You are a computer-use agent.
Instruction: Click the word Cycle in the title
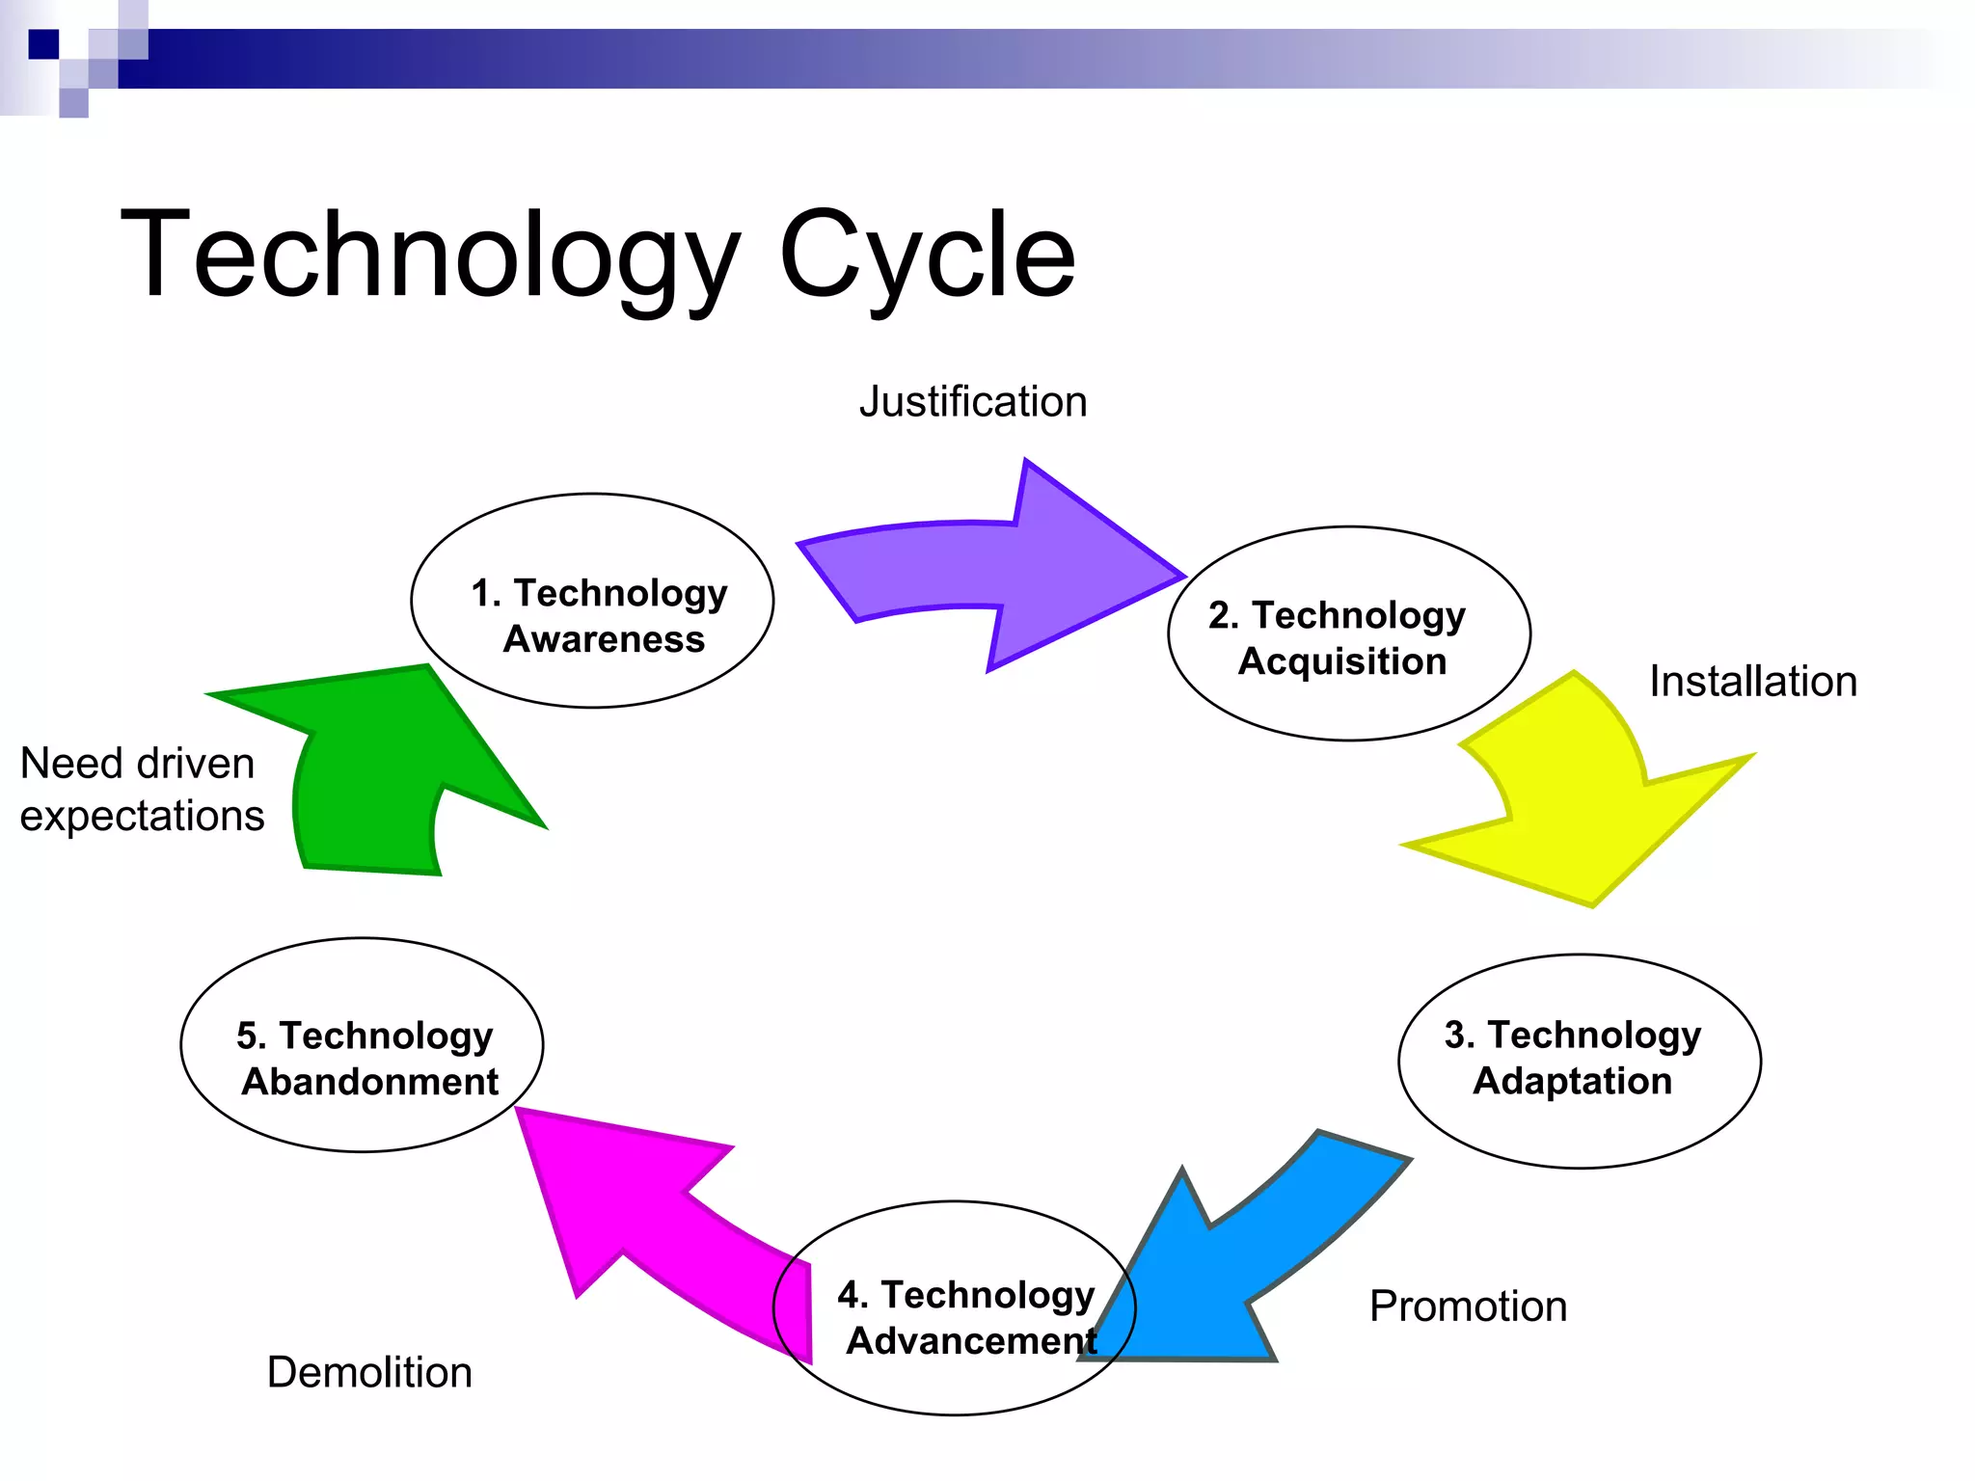pos(927,256)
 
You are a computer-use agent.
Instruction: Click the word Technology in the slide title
pos(429,256)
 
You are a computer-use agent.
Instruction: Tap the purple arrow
pos(1003,569)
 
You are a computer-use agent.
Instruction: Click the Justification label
pos(973,402)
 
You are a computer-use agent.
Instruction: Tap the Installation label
pos(1752,682)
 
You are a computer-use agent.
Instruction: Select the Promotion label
pos(1468,1306)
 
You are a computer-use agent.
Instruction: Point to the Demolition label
pos(369,1372)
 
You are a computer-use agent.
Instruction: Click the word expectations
pos(142,817)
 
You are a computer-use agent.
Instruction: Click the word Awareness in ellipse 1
pos(604,639)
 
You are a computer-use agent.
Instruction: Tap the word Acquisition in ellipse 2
pos(1342,661)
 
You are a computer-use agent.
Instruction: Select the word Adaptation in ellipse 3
pos(1572,1081)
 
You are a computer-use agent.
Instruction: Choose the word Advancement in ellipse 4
pos(970,1341)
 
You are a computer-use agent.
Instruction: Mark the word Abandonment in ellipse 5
pos(369,1082)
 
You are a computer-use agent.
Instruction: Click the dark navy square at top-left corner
pos(43,44)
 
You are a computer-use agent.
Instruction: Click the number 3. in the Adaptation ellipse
pos(1459,1035)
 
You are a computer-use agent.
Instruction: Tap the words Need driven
pos(137,764)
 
